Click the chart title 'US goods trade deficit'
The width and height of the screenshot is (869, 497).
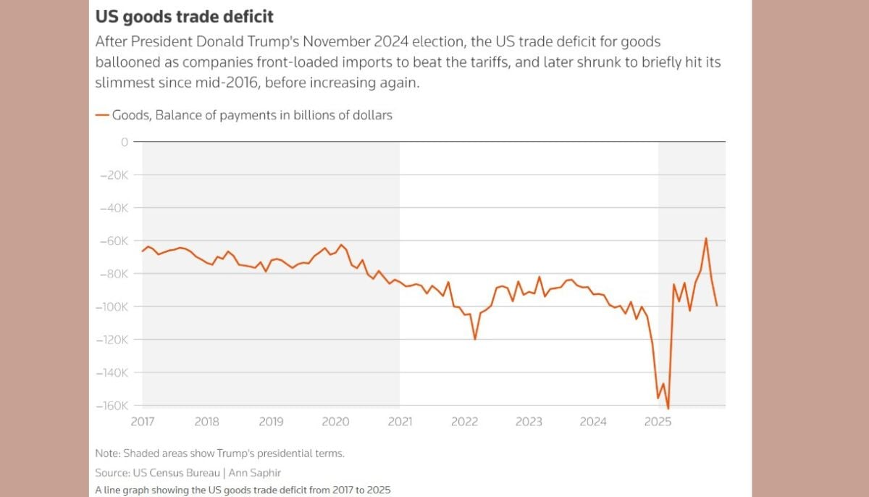click(185, 15)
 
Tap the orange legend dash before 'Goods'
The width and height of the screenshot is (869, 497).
click(101, 114)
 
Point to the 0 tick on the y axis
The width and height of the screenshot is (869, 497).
click(125, 142)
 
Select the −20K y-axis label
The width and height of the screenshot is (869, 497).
click(114, 175)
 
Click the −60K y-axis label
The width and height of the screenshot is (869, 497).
click(114, 241)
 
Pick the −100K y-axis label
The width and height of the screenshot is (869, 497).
click(112, 307)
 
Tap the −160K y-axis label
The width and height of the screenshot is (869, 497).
click(112, 406)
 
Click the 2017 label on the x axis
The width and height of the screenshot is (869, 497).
click(143, 422)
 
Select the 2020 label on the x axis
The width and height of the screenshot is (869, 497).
click(335, 422)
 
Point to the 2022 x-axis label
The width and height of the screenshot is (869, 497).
click(464, 422)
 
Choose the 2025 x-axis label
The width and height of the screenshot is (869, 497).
click(658, 422)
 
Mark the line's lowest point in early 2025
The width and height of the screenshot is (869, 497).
click(668, 409)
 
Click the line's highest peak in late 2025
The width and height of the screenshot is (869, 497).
click(706, 238)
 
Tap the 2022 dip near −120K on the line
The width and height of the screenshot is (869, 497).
click(475, 339)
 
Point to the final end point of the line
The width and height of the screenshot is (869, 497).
click(717, 306)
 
